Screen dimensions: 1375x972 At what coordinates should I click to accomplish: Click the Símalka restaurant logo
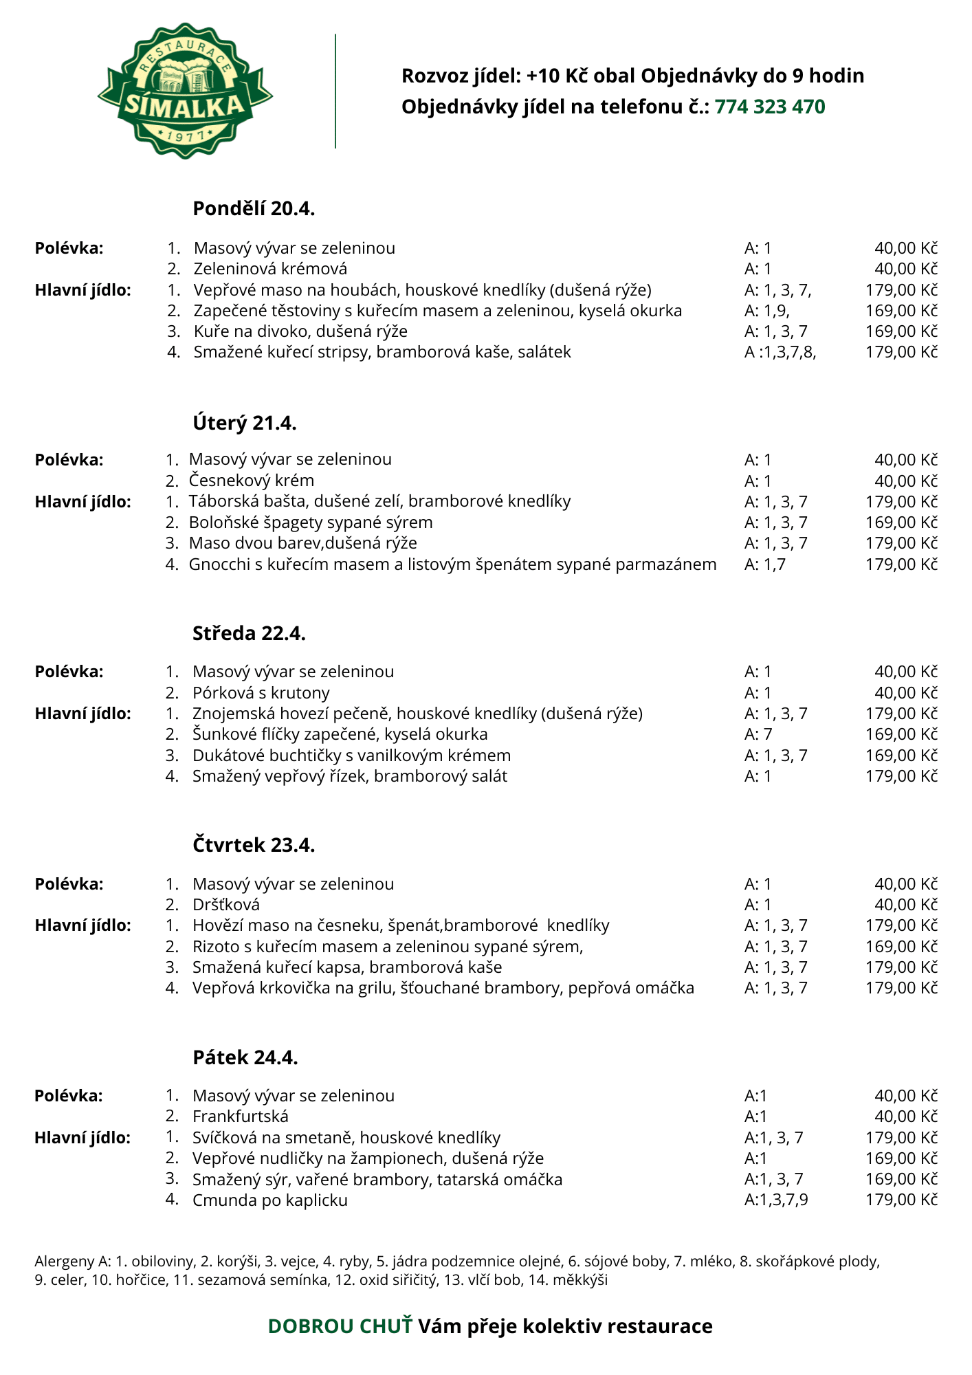pos(185,91)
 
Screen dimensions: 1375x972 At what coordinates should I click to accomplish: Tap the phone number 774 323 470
pos(769,107)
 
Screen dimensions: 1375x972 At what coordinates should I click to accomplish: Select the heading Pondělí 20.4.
pos(254,208)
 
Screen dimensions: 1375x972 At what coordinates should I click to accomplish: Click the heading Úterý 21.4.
pos(245,423)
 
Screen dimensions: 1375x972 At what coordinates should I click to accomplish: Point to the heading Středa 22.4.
pos(249,633)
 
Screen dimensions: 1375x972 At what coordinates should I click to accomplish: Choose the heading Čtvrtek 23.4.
pos(254,845)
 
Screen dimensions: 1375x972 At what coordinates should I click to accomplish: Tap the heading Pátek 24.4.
pos(245,1057)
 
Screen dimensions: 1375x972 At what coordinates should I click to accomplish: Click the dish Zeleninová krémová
pos(270,269)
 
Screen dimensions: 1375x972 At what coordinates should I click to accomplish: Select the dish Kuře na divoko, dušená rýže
pos(300,331)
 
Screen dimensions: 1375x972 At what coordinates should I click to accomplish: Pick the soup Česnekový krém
pos(251,481)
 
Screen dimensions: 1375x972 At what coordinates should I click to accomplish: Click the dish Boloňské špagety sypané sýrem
pos(311,522)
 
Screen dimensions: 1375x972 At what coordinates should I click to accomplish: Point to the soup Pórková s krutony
pos(261,692)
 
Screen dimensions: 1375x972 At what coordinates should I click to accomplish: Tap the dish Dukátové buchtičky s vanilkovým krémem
pos(351,756)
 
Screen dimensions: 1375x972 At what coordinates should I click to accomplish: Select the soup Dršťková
pos(226,905)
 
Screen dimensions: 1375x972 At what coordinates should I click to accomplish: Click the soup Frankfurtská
pos(241,1116)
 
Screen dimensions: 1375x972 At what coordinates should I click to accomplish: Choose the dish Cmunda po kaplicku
pos(270,1200)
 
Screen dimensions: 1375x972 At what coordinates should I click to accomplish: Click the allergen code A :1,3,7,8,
pos(780,352)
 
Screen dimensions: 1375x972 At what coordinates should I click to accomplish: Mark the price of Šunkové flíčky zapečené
pos(901,734)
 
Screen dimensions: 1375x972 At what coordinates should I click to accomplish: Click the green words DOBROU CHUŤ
pos(340,1326)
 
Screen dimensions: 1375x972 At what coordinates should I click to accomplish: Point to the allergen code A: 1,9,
pos(766,311)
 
